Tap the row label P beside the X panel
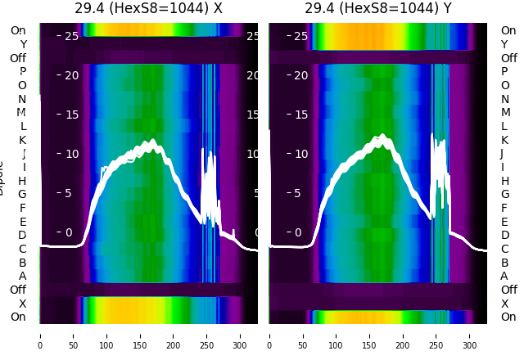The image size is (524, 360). (x=22, y=72)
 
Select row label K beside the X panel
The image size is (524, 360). (x=22, y=140)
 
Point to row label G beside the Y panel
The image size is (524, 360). (x=504, y=195)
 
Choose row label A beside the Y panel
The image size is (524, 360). (x=504, y=277)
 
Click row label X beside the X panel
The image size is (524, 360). (x=22, y=304)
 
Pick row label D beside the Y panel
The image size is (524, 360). (x=504, y=236)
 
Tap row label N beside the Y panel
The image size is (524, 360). (x=504, y=99)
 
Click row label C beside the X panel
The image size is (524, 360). (x=22, y=249)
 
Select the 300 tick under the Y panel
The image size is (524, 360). (x=470, y=335)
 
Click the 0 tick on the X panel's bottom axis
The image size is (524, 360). (x=40, y=335)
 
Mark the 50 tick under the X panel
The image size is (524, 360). (x=74, y=335)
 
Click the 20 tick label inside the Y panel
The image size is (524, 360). (x=300, y=75)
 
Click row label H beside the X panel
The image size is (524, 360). (x=22, y=181)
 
